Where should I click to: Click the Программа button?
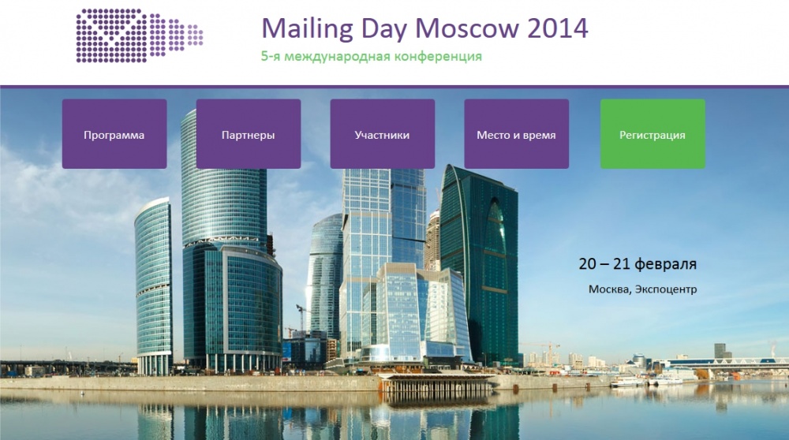[x=114, y=134]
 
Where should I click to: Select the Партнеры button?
[x=248, y=134]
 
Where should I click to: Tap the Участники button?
[x=383, y=134]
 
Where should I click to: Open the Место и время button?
[x=516, y=134]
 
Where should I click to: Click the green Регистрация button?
[x=653, y=134]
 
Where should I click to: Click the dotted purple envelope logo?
[x=140, y=35]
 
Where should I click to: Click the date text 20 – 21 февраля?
[x=638, y=264]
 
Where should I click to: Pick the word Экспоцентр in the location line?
[x=666, y=289]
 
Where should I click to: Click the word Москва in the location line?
[x=608, y=289]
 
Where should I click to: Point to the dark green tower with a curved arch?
[x=479, y=262]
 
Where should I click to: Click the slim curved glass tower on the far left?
[x=154, y=284]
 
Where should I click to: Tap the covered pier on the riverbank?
[x=436, y=382]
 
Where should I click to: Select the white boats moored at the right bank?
[x=646, y=382]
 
